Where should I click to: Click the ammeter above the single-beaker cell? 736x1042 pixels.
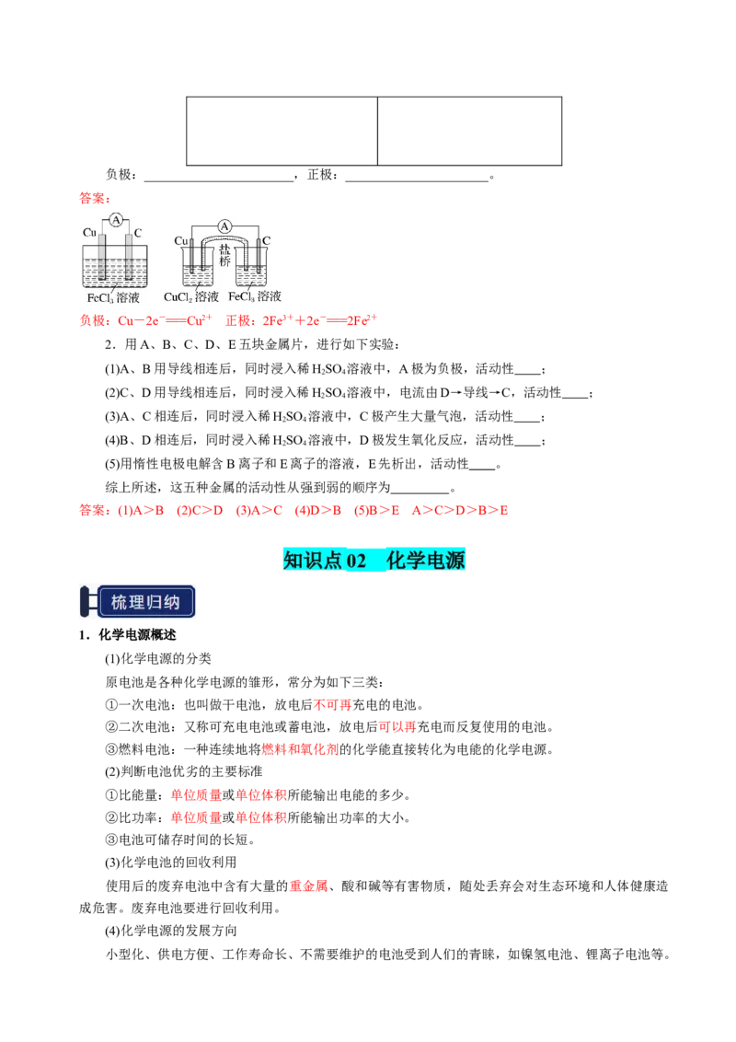[x=116, y=219]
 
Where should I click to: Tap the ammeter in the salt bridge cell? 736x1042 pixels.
[x=224, y=226]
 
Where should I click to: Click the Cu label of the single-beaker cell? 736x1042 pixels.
[x=89, y=233]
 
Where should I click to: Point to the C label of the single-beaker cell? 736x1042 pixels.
[x=138, y=233]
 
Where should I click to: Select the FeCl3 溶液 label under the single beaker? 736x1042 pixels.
[x=113, y=299]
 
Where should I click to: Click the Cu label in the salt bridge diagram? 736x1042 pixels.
[x=181, y=241]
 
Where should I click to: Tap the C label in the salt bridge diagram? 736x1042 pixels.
[x=266, y=241]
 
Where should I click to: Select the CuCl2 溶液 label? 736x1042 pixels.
[x=191, y=297]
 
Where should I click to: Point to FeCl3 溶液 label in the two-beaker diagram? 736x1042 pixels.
[x=255, y=297]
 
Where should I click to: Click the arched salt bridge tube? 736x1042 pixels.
[x=224, y=241]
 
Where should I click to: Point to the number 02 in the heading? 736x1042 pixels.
[x=357, y=561]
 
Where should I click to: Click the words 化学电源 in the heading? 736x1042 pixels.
[x=427, y=561]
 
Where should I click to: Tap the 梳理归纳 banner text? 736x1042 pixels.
[x=152, y=604]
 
